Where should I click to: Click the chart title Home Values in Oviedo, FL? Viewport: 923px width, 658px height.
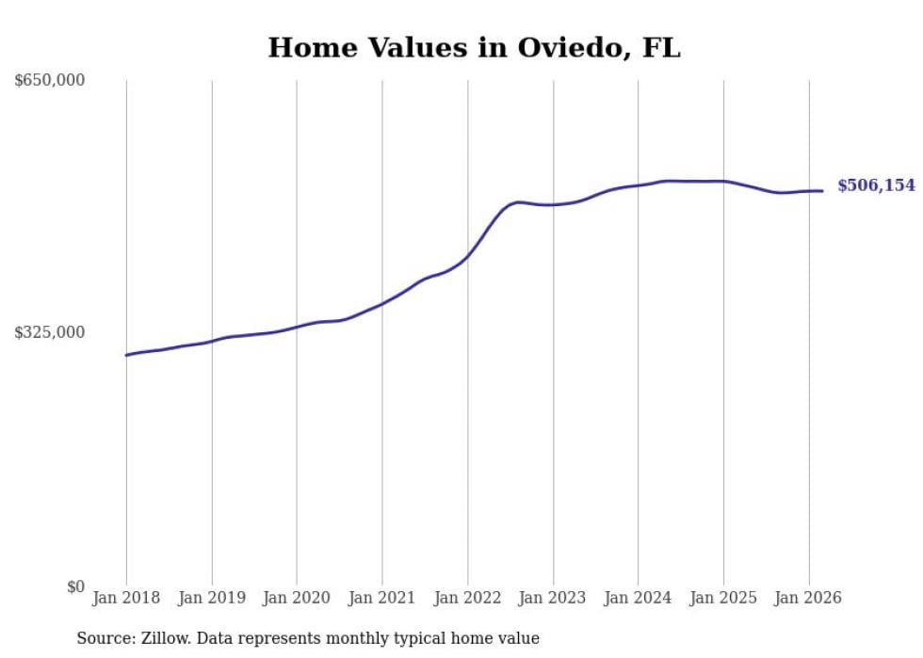474,48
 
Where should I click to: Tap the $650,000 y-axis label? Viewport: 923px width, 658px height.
50,80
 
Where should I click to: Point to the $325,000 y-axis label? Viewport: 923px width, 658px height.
50,332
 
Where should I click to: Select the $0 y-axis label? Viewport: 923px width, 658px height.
75,586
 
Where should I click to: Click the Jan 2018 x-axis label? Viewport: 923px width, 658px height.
126,598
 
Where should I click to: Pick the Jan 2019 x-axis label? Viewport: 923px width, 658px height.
212,598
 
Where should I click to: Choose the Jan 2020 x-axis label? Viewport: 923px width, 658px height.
297,598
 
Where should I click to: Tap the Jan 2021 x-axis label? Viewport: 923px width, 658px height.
382,598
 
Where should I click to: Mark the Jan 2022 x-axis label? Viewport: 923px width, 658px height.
467,598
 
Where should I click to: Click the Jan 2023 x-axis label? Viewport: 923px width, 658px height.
553,598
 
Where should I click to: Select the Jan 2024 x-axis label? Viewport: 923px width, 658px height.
638,598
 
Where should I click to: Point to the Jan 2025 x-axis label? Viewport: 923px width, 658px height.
723,598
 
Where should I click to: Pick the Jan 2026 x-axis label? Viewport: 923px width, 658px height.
808,598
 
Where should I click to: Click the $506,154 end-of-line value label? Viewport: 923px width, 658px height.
876,186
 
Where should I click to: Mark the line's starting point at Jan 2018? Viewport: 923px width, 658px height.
126,355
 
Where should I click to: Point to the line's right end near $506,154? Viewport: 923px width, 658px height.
822,191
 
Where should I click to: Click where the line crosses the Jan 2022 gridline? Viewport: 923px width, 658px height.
467,255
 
